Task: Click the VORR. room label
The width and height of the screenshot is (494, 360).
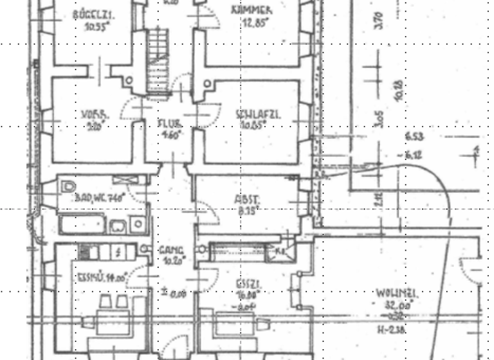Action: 93,116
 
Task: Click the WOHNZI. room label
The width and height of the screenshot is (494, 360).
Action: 395,294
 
